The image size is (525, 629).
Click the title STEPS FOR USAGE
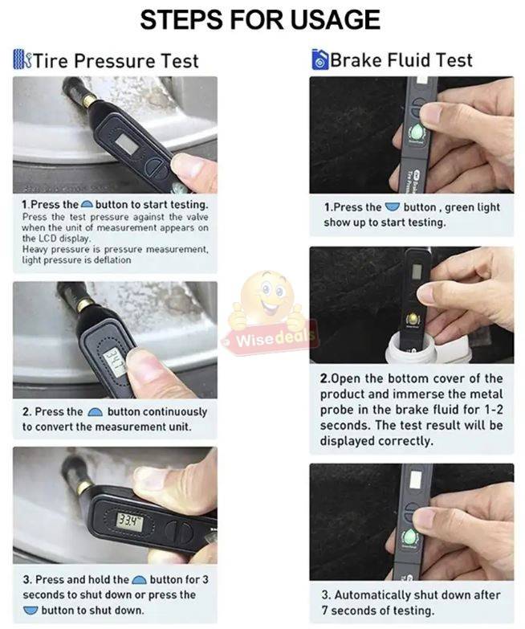[x=260, y=19]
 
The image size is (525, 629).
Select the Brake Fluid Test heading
[x=401, y=59]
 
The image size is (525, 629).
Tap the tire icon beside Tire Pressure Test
[x=22, y=59]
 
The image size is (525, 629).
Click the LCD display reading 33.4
[x=128, y=522]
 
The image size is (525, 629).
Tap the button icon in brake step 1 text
[x=391, y=207]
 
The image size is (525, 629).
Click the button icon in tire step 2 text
[x=95, y=412]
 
